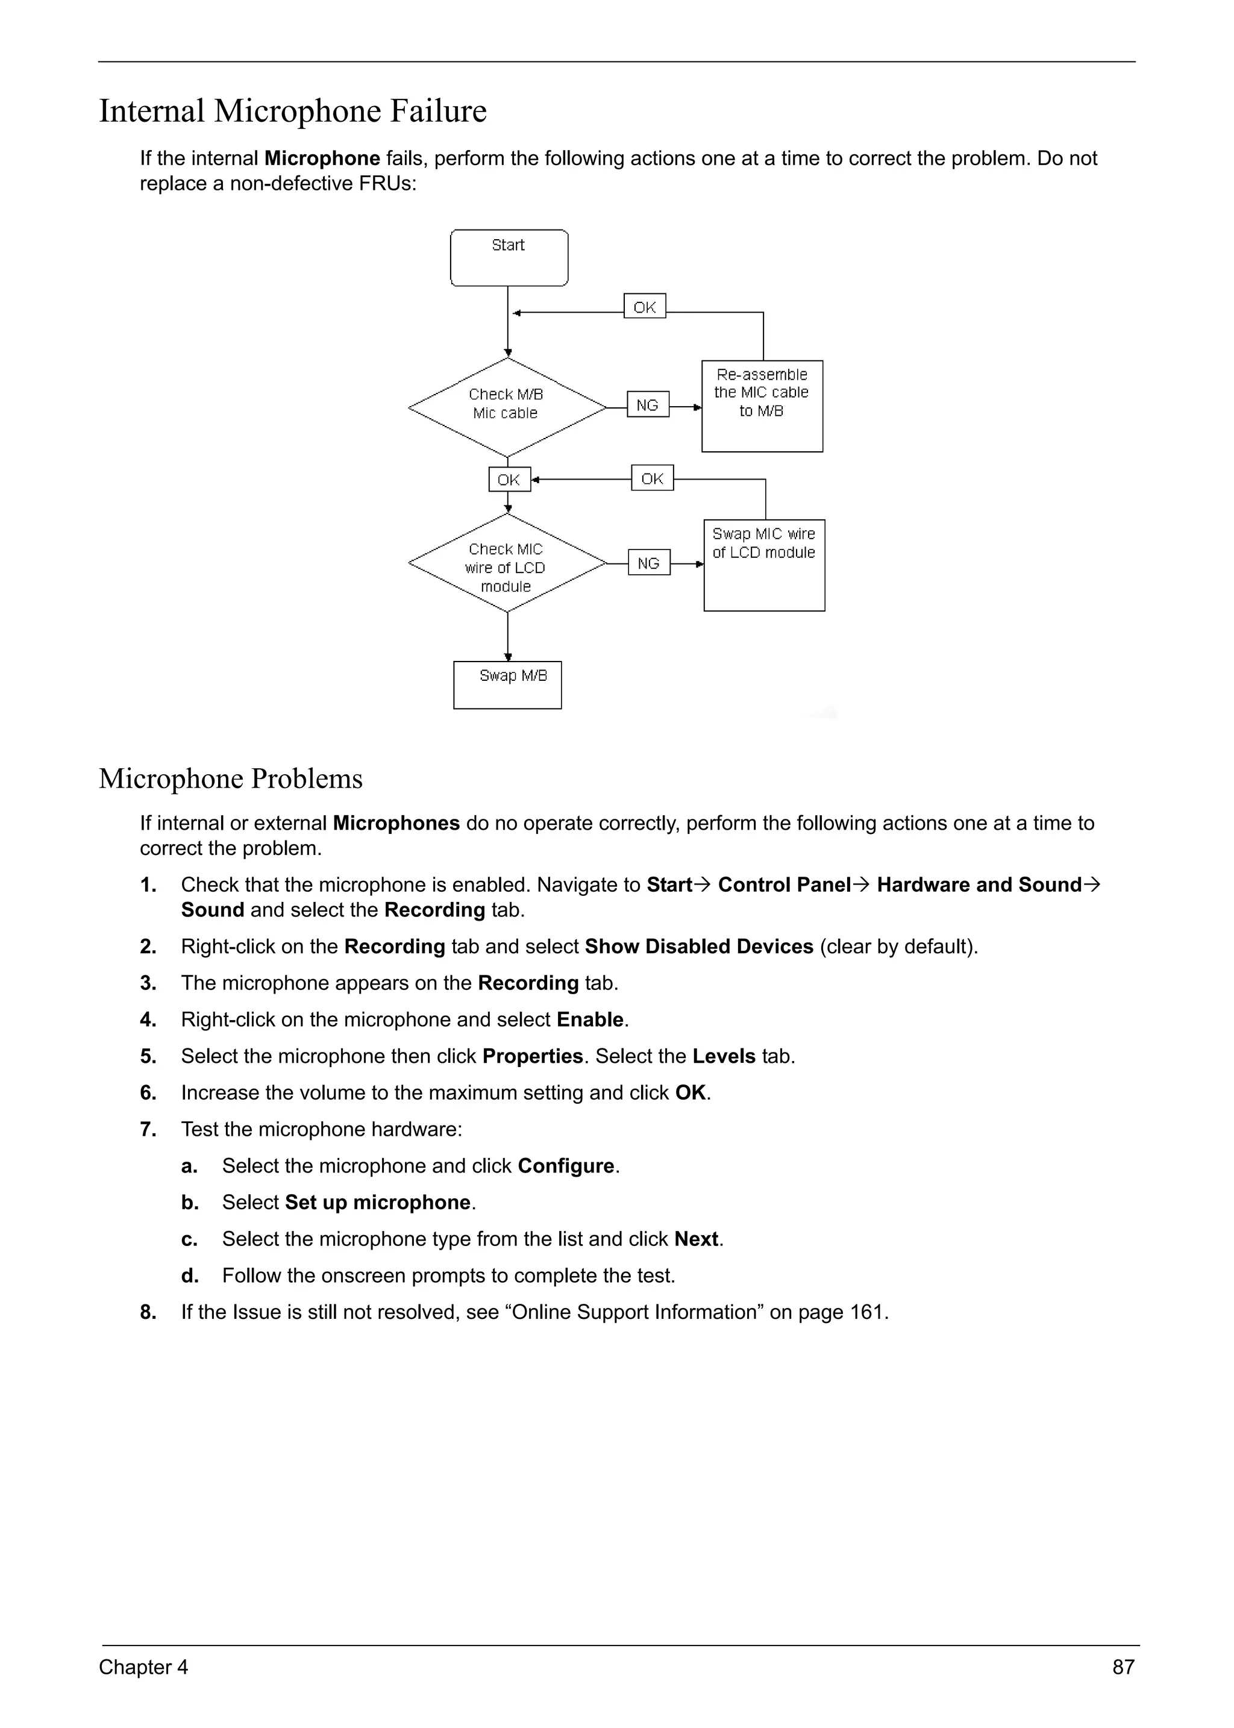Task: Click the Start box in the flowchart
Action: click(509, 258)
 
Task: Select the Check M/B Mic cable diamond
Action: click(507, 407)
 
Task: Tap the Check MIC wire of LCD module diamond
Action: click(507, 564)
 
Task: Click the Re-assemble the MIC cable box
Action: click(762, 405)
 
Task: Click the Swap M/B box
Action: click(507, 684)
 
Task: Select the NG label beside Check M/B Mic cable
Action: click(647, 405)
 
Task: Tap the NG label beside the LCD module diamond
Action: click(649, 563)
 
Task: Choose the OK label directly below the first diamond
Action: click(509, 480)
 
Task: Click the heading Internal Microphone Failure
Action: click(293, 111)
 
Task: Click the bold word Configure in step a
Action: click(565, 1166)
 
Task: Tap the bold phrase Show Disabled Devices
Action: click(698, 947)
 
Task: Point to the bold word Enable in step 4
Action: click(590, 1020)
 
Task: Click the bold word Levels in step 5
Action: click(724, 1056)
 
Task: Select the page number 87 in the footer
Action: click(1123, 1667)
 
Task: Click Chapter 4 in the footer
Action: click(143, 1667)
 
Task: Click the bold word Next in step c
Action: click(696, 1239)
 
